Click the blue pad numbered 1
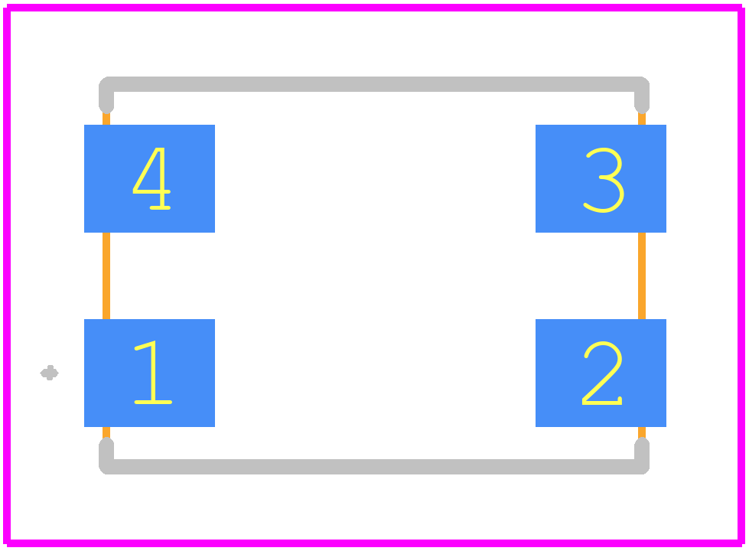pyautogui.click(x=149, y=373)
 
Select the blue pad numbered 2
pyautogui.click(x=601, y=373)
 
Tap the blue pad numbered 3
pyautogui.click(x=601, y=179)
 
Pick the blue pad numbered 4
pyautogui.click(x=149, y=179)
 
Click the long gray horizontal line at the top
pyautogui.click(x=374, y=84)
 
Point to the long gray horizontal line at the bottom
pyautogui.click(x=374, y=467)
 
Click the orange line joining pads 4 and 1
pyautogui.click(x=106, y=275)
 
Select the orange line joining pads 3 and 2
pyautogui.click(x=642, y=275)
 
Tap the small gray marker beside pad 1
pyautogui.click(x=49, y=373)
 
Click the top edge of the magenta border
pyautogui.click(x=374, y=8)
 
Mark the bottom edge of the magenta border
pyautogui.click(x=374, y=543)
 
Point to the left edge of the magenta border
pyautogui.click(x=7, y=275)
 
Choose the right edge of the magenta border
pyautogui.click(x=741, y=275)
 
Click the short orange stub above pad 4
pyautogui.click(x=106, y=119)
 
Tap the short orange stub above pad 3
pyautogui.click(x=642, y=119)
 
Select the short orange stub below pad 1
pyautogui.click(x=106, y=433)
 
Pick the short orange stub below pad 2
pyautogui.click(x=642, y=433)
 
